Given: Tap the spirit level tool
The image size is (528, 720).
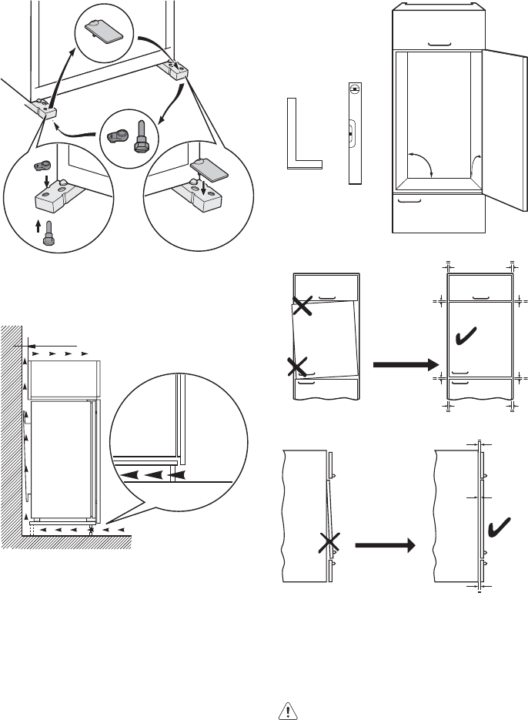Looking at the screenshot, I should pos(353,133).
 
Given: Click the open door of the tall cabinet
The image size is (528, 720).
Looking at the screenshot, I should pos(506,131).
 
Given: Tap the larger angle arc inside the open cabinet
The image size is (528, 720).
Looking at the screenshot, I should pos(420,164).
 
